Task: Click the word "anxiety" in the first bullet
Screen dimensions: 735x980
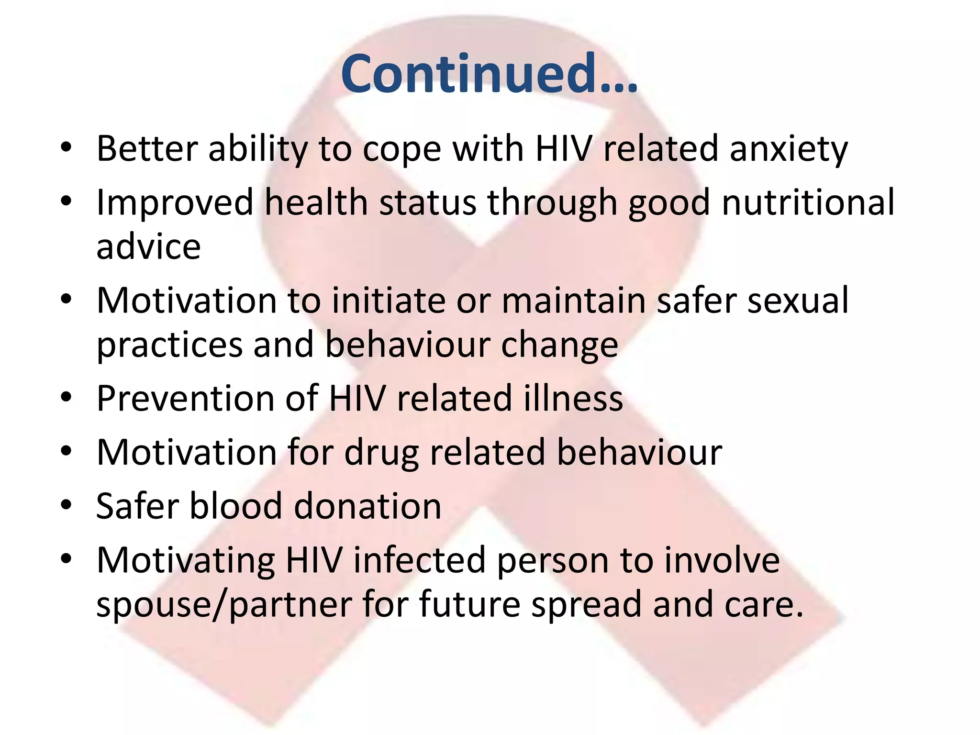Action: point(789,149)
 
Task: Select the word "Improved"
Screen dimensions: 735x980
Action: point(175,202)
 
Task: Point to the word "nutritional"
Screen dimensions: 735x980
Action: point(808,202)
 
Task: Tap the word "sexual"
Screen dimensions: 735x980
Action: point(798,301)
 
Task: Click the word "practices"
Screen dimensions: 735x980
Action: point(169,345)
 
